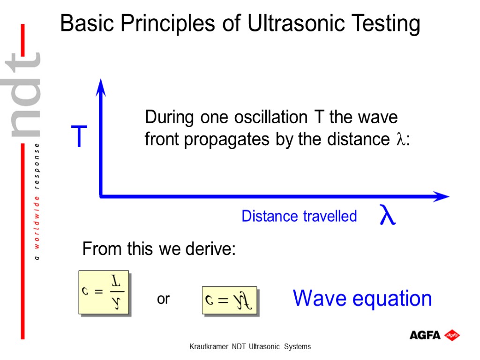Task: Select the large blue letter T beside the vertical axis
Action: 79,137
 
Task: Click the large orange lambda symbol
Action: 387,215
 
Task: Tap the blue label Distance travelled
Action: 299,216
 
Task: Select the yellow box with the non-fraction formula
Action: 229,300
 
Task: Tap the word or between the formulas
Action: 163,299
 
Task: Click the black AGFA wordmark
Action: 425,335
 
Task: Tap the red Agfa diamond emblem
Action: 452,335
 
